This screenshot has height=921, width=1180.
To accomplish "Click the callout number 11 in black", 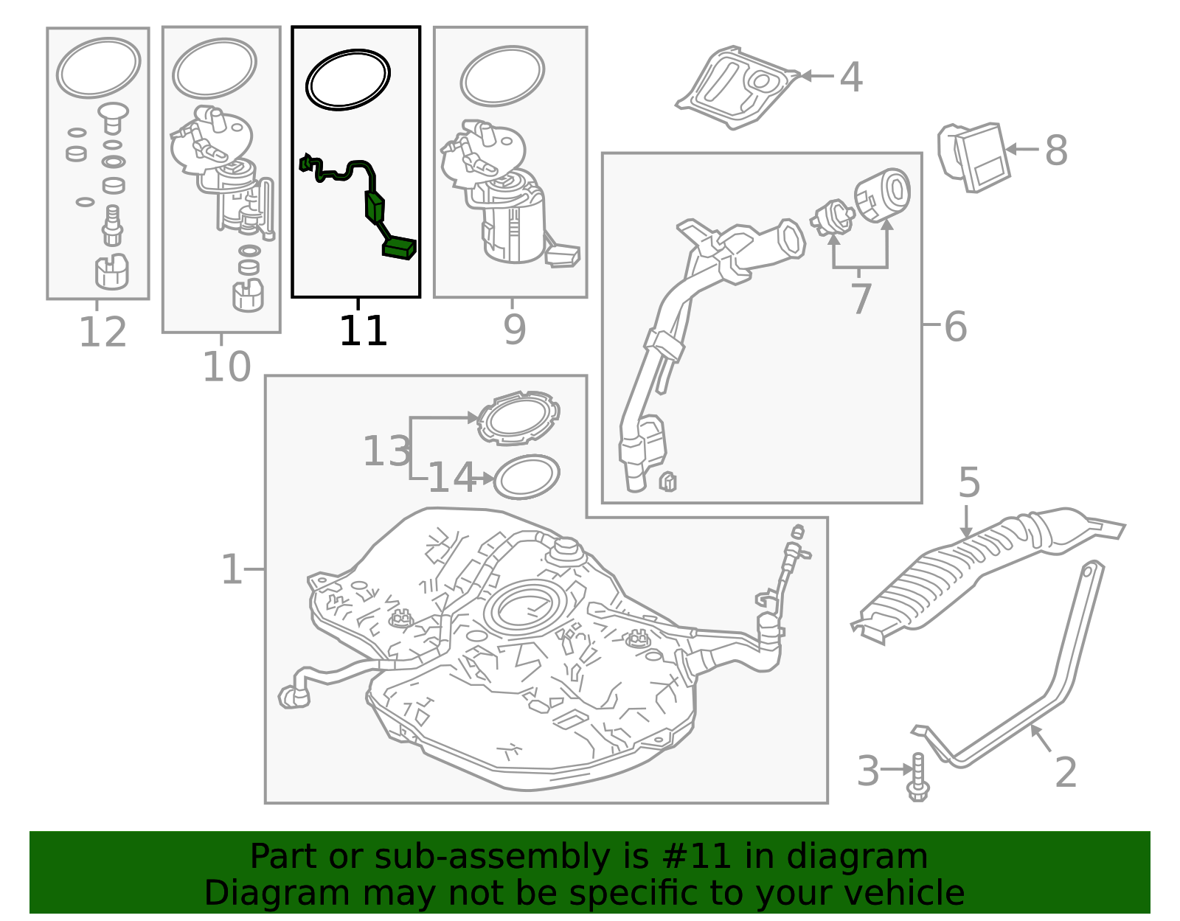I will tap(363, 331).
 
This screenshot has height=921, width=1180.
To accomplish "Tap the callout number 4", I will tap(851, 77).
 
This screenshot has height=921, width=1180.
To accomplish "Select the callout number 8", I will tap(1056, 150).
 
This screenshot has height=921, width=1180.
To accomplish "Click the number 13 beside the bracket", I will tap(386, 451).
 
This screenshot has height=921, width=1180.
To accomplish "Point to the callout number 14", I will tap(451, 478).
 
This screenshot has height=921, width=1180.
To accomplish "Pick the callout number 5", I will tap(969, 483).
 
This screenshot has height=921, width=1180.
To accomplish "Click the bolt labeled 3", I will tap(917, 778).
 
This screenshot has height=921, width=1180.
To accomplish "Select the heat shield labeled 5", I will tap(981, 568).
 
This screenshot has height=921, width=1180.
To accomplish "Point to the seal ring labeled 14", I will tap(526, 477).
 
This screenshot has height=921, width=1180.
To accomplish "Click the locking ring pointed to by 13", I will tap(518, 419).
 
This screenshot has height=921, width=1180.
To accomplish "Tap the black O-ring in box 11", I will tap(348, 80).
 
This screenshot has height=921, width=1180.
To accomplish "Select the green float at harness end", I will tap(399, 248).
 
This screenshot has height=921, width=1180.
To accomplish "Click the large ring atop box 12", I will tap(98, 68).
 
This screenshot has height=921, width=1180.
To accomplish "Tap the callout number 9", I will tap(514, 330).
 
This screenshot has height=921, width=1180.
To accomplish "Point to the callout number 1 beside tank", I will tap(232, 569).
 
